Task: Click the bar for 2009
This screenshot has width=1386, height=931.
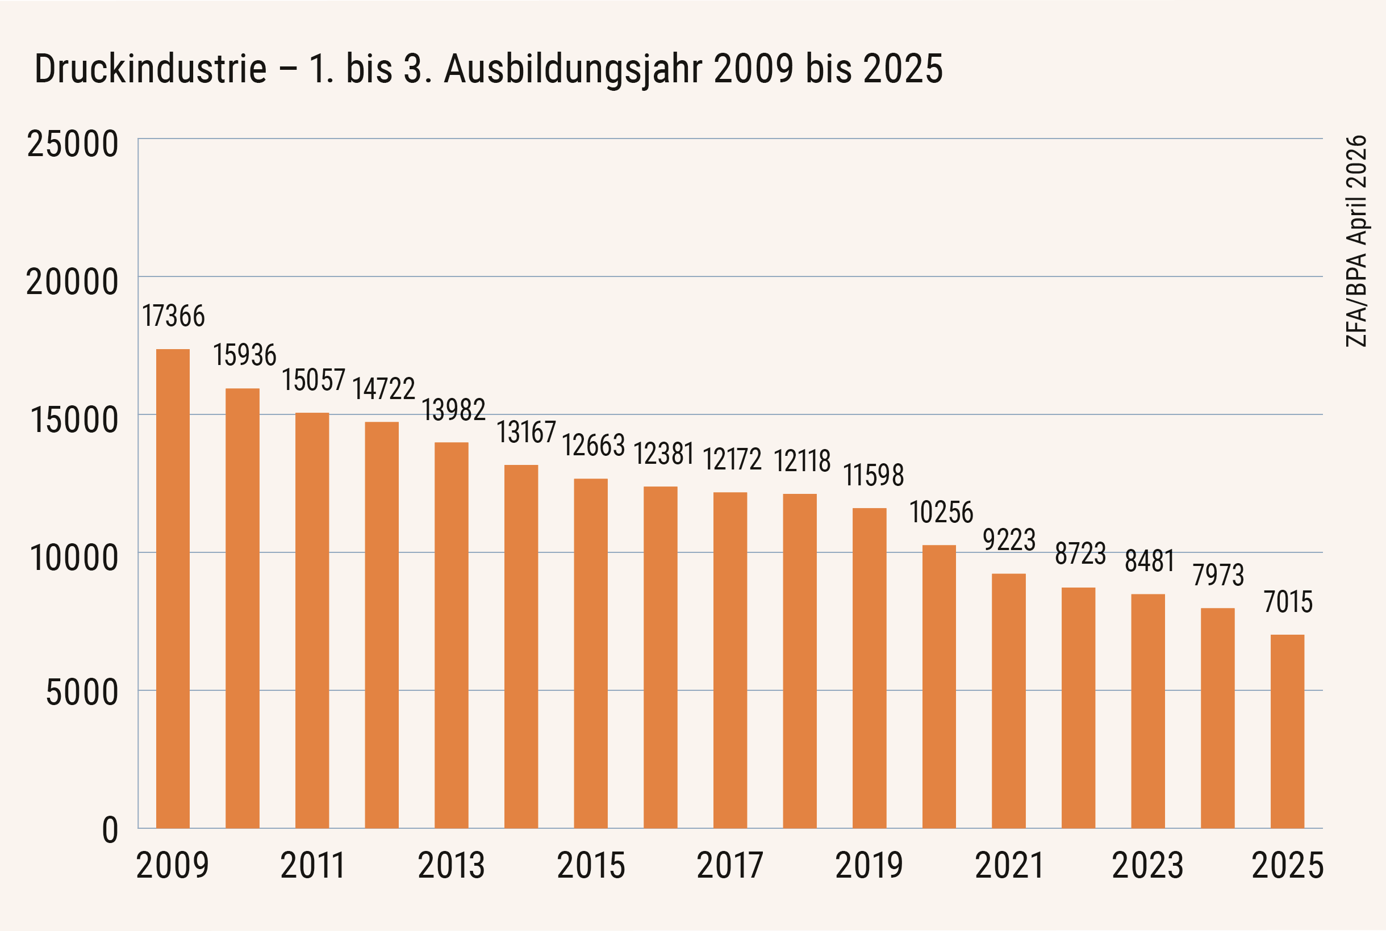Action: point(173,589)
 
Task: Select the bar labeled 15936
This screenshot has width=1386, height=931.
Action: point(243,608)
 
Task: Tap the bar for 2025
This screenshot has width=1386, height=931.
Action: point(1287,732)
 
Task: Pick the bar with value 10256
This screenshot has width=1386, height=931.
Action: point(940,686)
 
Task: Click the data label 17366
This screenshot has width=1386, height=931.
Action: point(173,316)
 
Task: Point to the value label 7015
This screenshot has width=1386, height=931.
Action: point(1288,602)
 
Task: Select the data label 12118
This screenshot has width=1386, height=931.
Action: point(802,461)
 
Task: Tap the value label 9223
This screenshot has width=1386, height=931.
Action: point(1009,540)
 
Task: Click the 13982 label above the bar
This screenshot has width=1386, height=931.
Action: point(454,410)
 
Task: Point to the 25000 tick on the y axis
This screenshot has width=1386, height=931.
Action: point(73,144)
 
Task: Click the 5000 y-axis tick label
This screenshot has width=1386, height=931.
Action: point(82,693)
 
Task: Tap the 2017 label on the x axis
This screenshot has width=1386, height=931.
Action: point(729,865)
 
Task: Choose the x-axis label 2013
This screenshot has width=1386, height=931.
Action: point(452,865)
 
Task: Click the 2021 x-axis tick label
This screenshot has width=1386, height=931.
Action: point(1009,865)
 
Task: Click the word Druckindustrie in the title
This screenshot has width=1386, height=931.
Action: point(151,68)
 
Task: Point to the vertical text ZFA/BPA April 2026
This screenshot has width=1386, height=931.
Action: point(1356,241)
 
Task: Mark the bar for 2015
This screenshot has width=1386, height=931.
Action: point(591,653)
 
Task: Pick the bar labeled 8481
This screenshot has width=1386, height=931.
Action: point(1148,711)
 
